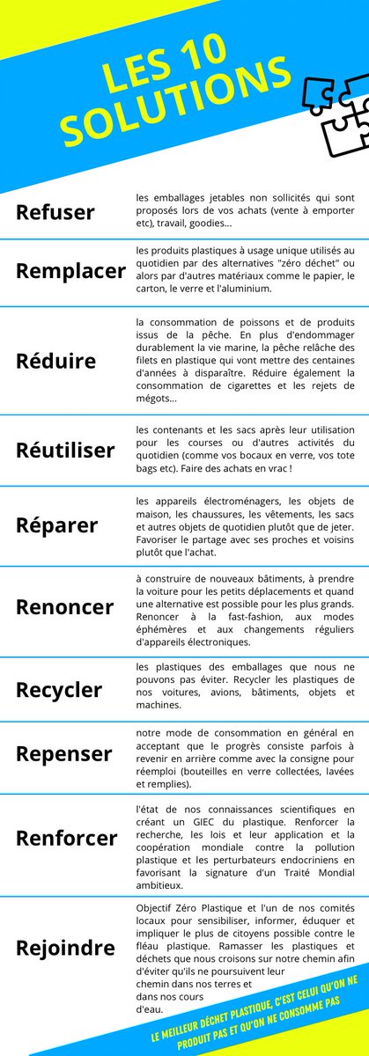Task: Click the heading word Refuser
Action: pos(55,213)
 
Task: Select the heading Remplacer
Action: pos(70,270)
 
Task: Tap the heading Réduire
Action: pos(56,361)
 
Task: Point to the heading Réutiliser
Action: pos(65,451)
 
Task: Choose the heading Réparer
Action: pos(56,525)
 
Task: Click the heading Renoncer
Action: pos(64,607)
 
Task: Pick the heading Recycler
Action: pos(59,688)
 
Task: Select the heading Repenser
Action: pos(64,754)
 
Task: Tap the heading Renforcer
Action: pos(66,839)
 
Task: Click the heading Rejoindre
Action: pos(65,948)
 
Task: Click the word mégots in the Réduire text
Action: pos(154,399)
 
